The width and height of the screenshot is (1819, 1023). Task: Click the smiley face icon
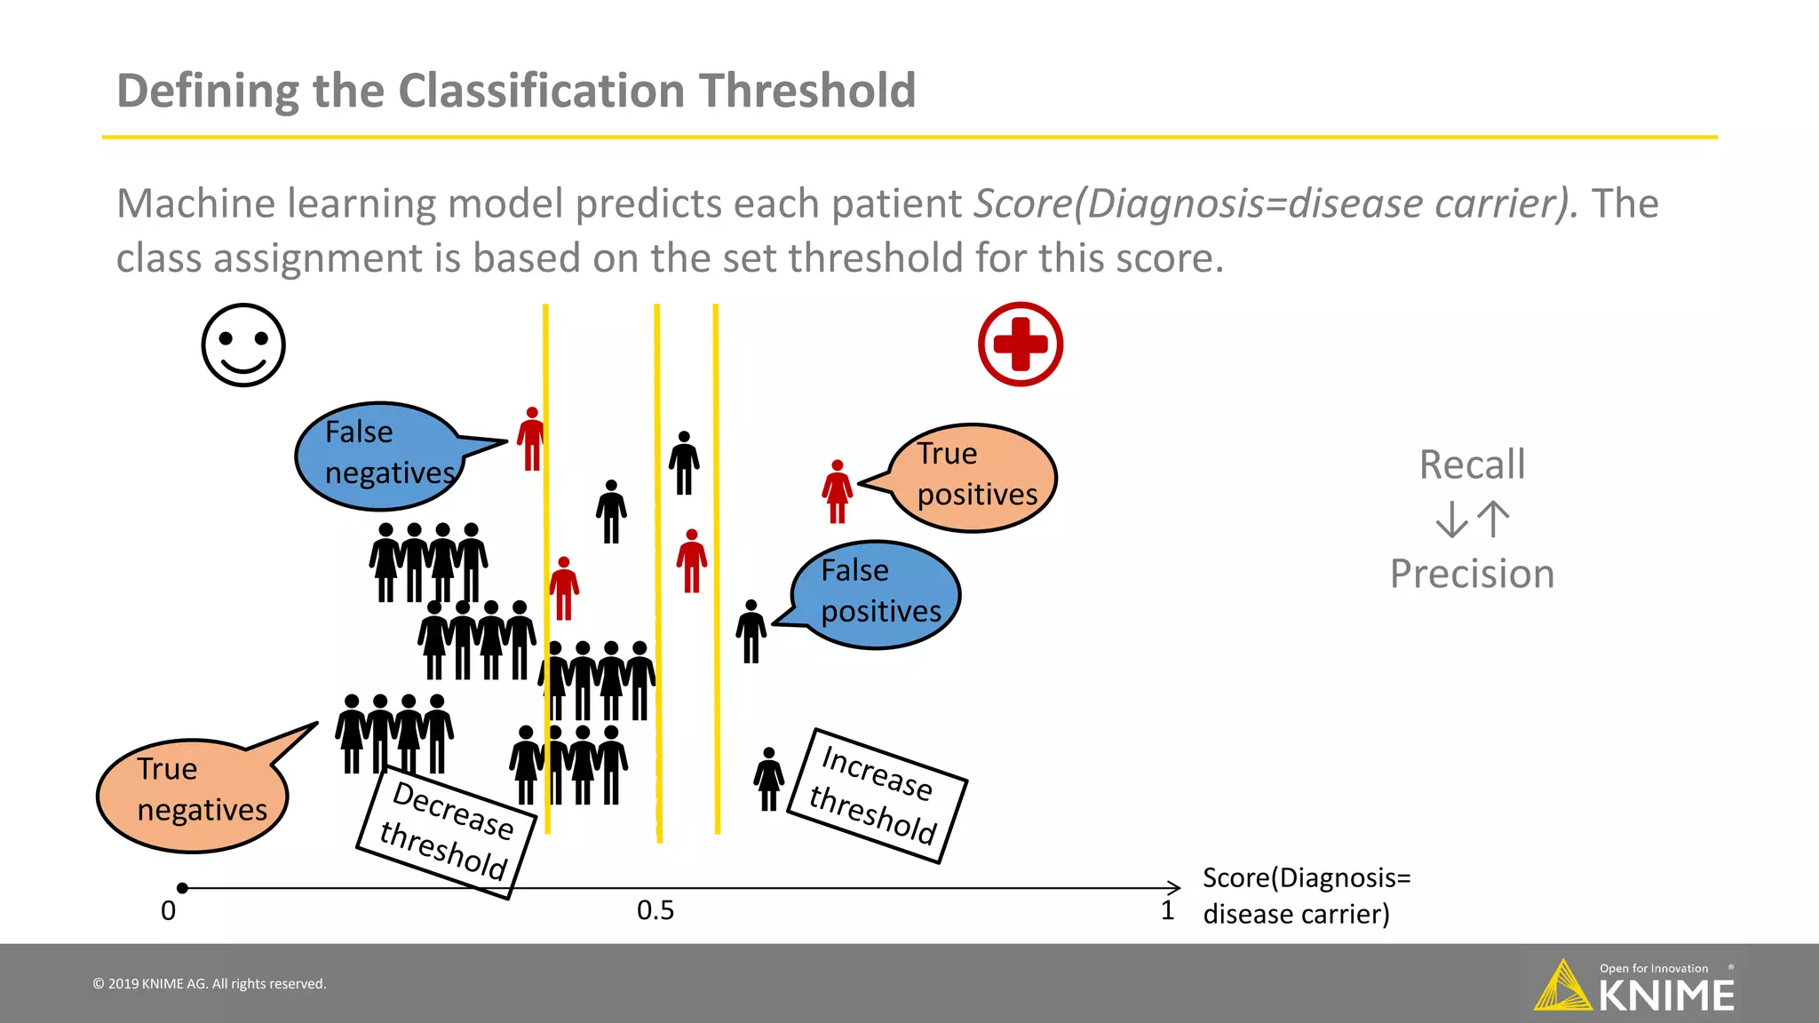[242, 345]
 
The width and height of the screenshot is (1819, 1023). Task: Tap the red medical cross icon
[1021, 344]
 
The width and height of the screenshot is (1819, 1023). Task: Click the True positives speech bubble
[975, 477]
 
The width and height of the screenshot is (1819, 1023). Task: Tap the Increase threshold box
[877, 795]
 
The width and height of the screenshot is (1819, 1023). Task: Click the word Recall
[1472, 464]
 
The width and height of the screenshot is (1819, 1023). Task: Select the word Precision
[1472, 574]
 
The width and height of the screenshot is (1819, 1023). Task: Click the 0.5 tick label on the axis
[655, 910]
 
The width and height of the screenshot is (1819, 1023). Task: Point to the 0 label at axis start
[168, 911]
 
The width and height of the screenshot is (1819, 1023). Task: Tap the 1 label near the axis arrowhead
[1167, 910]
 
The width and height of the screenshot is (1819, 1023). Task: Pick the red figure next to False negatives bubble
[531, 439]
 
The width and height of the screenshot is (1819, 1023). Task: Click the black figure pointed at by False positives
[751, 630]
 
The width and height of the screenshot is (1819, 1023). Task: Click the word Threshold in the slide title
[806, 91]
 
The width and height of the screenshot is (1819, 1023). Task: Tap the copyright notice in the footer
[210, 984]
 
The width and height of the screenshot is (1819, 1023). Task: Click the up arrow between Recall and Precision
[1495, 519]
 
